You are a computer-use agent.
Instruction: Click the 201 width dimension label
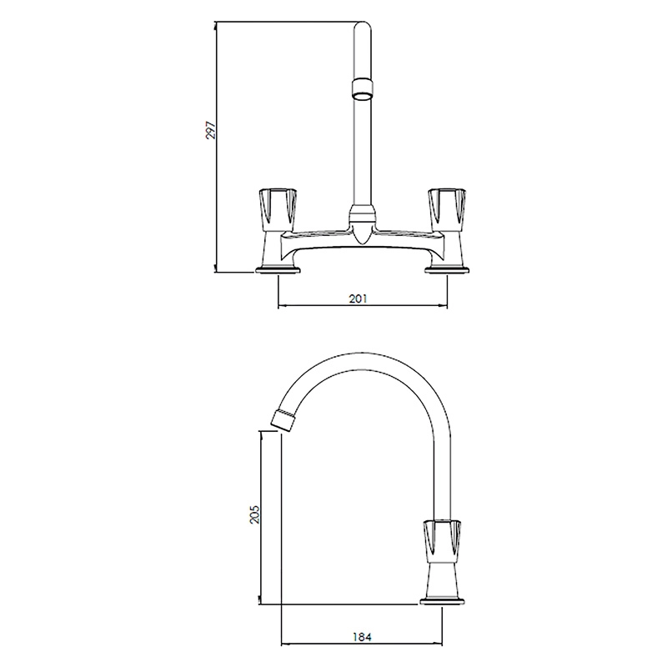[358, 298]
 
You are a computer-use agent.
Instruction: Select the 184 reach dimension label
[363, 637]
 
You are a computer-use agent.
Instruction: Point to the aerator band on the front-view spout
[363, 88]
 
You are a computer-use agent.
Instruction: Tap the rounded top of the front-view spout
[363, 27]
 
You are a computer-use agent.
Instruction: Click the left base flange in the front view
[278, 269]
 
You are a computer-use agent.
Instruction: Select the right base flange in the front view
[448, 269]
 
